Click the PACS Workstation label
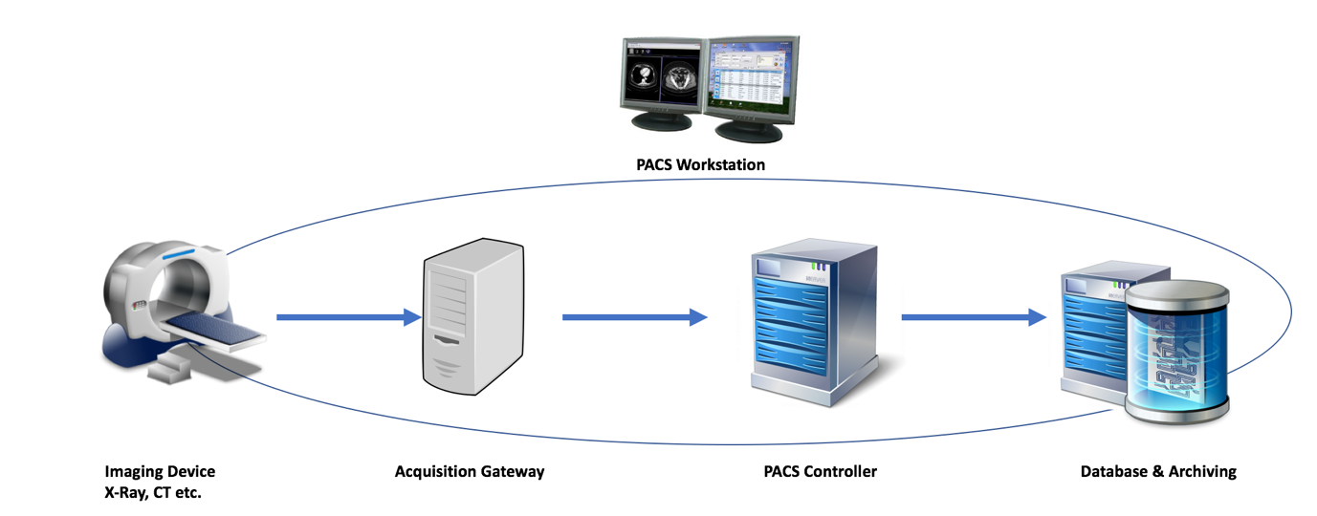coord(700,164)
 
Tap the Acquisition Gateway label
coord(470,471)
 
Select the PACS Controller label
coord(820,471)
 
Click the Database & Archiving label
coord(1158,471)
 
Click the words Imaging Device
coord(160,471)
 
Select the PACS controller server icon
coord(814,320)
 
